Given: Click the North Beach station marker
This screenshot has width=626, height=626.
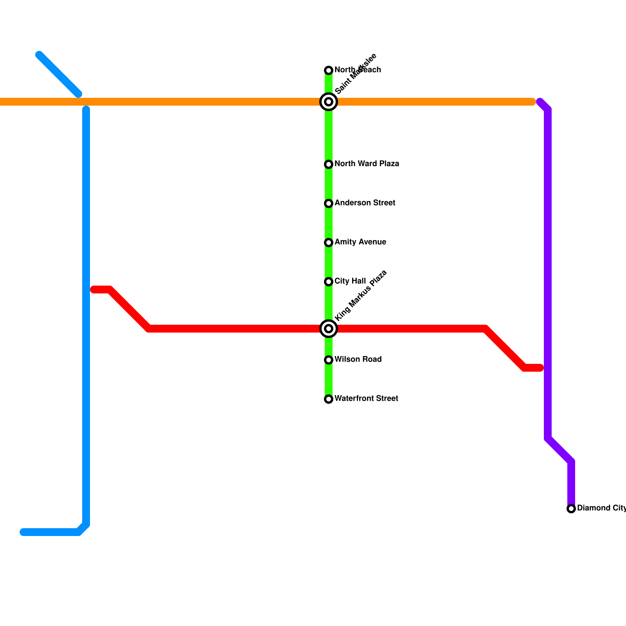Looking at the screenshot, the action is click(329, 70).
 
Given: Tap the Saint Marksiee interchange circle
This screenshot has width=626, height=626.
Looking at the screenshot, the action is click(329, 102).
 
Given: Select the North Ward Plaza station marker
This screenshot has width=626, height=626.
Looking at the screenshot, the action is click(329, 164).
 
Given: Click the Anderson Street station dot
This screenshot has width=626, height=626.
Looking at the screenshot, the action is click(329, 203).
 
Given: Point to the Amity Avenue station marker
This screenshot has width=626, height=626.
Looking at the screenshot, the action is click(329, 243).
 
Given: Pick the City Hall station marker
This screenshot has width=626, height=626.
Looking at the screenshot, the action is click(329, 282).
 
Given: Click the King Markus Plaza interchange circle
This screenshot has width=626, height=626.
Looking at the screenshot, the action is click(329, 329).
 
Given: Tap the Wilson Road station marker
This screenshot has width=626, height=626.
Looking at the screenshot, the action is click(329, 360).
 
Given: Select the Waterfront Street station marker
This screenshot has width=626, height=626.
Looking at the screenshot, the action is click(329, 399).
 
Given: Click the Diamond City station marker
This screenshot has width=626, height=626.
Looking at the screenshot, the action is click(571, 509).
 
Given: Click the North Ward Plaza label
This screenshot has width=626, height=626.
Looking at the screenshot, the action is click(367, 164).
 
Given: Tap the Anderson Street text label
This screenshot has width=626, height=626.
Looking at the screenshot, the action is click(365, 203).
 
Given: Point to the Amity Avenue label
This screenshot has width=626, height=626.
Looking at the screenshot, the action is click(360, 242).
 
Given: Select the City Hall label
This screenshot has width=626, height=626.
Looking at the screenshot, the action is click(350, 281).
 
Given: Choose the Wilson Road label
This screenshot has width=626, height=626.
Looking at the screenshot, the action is click(358, 359).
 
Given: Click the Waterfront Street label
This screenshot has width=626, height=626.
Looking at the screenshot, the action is click(366, 398).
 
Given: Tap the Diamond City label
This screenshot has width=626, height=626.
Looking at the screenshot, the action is click(601, 508).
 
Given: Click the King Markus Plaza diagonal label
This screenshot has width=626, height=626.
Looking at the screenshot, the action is click(361, 295).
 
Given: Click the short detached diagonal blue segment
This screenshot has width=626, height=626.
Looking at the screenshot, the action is click(59, 74).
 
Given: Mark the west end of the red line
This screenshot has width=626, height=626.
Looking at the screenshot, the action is click(94, 290).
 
